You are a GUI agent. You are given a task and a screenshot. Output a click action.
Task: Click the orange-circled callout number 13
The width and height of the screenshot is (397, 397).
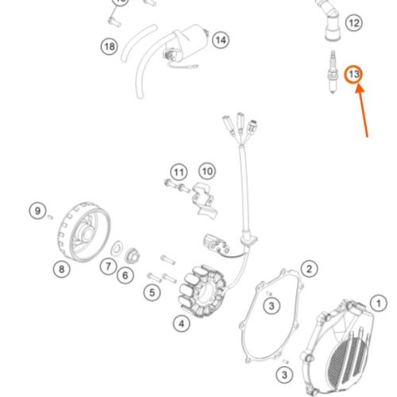pyautogui.click(x=353, y=75)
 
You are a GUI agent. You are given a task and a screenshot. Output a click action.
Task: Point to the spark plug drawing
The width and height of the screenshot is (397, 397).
pyautogui.click(x=333, y=71)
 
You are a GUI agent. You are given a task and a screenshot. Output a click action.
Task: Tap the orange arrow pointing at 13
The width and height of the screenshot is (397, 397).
pyautogui.click(x=362, y=110)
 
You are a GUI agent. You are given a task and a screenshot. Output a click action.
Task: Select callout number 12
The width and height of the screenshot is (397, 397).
pyautogui.click(x=354, y=23)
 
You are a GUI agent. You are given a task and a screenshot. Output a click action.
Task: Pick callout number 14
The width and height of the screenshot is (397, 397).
pyautogui.click(x=221, y=40)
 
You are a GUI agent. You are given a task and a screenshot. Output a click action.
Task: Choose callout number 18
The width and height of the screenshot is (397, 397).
pyautogui.click(x=110, y=47)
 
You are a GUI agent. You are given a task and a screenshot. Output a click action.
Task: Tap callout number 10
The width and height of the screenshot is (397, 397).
pyautogui.click(x=207, y=172)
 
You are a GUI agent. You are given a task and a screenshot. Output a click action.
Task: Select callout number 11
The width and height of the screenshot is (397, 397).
pyautogui.click(x=179, y=173)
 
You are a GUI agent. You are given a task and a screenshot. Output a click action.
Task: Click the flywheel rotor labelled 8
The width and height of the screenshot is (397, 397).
pyautogui.click(x=84, y=232)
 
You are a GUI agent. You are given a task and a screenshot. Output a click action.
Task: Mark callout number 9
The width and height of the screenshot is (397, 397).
pyautogui.click(x=38, y=211)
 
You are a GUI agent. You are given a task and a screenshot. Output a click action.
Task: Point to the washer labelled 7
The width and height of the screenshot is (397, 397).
pyautogui.click(x=117, y=249)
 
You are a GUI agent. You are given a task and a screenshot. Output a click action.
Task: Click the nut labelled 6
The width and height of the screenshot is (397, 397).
pyautogui.click(x=132, y=256)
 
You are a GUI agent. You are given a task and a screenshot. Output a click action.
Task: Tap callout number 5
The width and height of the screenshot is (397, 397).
pyautogui.click(x=152, y=292)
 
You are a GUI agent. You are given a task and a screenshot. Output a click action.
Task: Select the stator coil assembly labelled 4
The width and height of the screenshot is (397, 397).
pyautogui.click(x=202, y=291)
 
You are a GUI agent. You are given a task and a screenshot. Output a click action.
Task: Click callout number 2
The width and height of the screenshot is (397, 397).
pyautogui.click(x=309, y=269)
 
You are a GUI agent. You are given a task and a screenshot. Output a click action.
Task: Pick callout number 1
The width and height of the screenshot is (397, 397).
pyautogui.click(x=379, y=303)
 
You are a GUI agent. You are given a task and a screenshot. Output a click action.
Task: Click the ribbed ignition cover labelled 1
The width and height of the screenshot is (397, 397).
pyautogui.click(x=338, y=348)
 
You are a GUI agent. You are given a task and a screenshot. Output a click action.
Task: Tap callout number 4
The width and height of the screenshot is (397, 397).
pyautogui.click(x=182, y=323)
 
